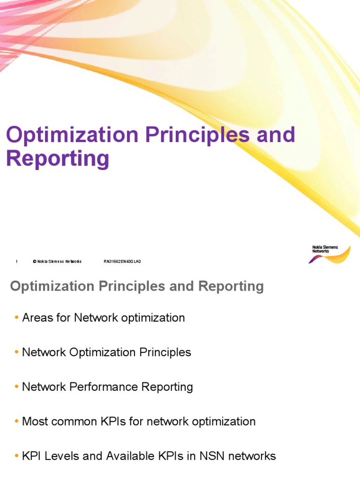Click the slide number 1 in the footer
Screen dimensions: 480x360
point(16,262)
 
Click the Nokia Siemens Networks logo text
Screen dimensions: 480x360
point(324,249)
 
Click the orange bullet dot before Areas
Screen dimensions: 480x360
point(17,318)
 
